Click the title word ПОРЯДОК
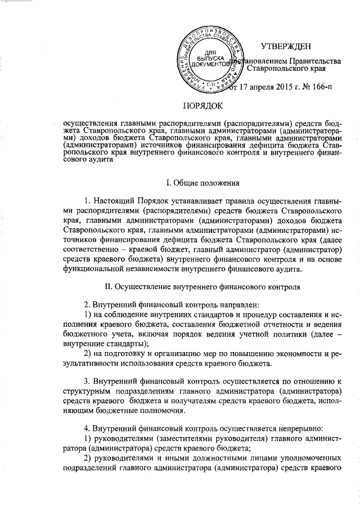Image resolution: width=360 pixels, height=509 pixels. (x=203, y=105)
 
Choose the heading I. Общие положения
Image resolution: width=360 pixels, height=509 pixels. (x=203, y=182)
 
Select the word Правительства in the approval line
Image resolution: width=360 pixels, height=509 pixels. (x=316, y=60)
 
